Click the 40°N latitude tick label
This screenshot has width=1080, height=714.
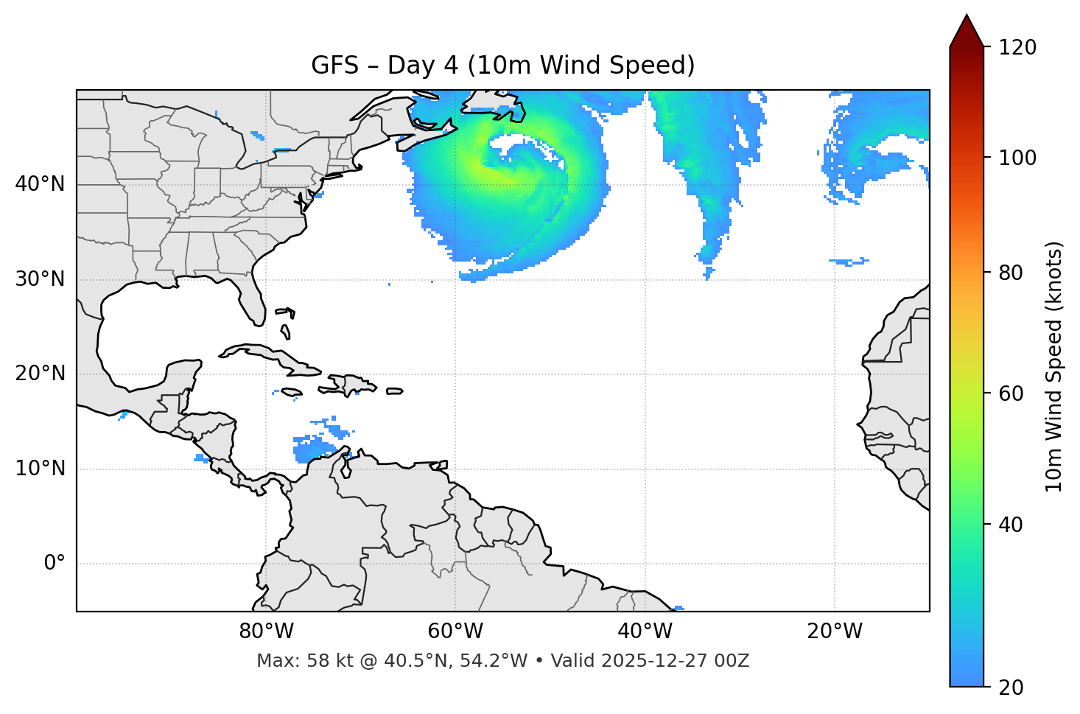point(40,184)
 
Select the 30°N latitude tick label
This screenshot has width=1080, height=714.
point(40,279)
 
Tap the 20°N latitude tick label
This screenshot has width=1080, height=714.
point(40,374)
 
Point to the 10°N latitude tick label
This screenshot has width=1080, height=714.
point(40,469)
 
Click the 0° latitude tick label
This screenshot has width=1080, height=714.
point(55,564)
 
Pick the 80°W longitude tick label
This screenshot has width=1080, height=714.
point(266,631)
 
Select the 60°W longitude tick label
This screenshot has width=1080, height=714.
point(455,631)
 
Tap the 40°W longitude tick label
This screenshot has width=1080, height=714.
point(645,631)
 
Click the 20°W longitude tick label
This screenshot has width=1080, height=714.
point(834,631)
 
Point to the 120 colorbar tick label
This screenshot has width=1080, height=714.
point(1017,48)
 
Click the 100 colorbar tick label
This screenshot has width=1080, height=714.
point(1017,158)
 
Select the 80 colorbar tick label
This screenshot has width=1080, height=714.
point(1011,273)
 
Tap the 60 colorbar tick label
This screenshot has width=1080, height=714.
point(1011,393)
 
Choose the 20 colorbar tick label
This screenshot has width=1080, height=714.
point(1011,687)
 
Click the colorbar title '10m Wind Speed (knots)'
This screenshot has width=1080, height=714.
point(1054,367)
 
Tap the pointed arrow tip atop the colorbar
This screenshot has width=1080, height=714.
point(967,18)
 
